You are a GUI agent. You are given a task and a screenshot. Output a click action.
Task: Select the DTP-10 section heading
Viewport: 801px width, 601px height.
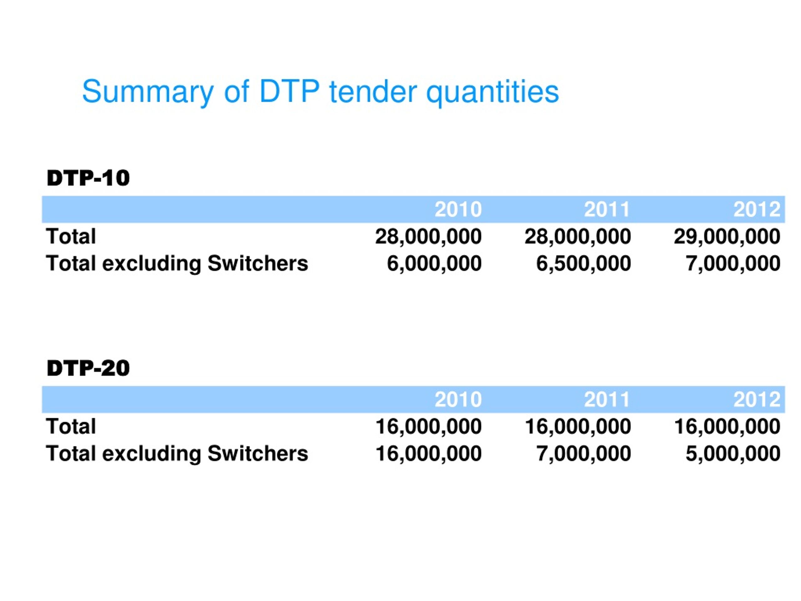tap(88, 178)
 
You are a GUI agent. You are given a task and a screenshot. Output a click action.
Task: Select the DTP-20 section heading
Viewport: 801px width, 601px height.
tap(88, 368)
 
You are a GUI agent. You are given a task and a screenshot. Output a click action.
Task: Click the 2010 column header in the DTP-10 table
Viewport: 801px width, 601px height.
tap(458, 209)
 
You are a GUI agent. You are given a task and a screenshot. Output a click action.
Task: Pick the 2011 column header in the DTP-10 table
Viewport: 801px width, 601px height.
tap(607, 209)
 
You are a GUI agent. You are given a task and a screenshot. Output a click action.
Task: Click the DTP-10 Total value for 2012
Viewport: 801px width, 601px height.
tap(727, 237)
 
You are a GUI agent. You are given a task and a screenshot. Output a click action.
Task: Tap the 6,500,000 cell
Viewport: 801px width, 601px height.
tap(583, 263)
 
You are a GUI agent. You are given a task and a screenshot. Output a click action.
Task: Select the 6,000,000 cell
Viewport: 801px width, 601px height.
tap(434, 263)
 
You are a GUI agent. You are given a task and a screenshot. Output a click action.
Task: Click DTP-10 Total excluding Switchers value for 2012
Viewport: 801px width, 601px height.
tap(733, 263)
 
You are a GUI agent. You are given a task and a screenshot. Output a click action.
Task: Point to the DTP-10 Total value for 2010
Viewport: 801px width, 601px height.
tap(428, 237)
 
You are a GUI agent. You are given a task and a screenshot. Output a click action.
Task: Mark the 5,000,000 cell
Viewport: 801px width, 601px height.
tap(733, 454)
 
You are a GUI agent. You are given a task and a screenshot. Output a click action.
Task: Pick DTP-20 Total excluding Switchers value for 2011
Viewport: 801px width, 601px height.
tap(583, 454)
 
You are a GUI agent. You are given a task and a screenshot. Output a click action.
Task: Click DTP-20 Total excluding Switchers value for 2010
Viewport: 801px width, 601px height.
tap(428, 454)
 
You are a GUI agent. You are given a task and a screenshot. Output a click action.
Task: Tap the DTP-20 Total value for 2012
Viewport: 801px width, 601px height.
tap(727, 426)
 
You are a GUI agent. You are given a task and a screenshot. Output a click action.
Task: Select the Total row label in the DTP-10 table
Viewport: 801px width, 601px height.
tap(71, 237)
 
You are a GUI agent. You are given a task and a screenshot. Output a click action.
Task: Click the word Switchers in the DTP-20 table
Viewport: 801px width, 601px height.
tap(258, 454)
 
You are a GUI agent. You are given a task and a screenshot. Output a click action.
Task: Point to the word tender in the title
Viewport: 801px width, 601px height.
tap(373, 91)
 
